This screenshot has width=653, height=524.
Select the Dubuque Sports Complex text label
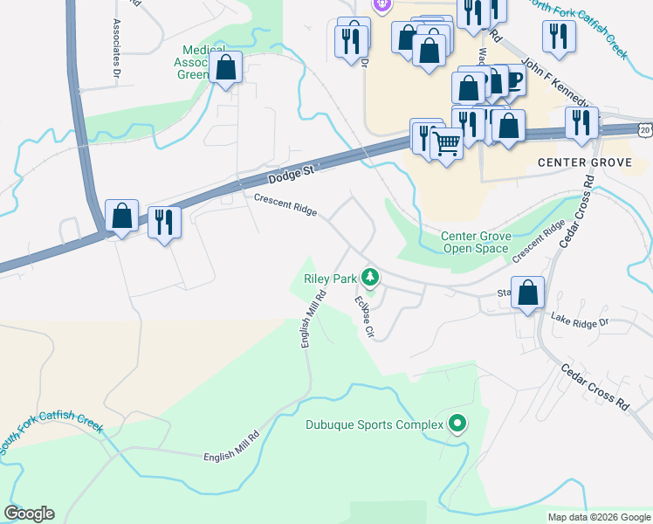[375, 426]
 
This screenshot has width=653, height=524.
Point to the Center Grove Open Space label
[474, 242]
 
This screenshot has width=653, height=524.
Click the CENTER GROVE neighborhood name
[583, 162]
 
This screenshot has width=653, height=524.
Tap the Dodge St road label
[291, 175]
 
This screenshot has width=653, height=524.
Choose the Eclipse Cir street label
[364, 316]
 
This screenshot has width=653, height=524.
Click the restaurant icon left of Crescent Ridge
[164, 222]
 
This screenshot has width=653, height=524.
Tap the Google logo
[29, 514]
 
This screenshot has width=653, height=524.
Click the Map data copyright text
[598, 517]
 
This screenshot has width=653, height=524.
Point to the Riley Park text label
[331, 279]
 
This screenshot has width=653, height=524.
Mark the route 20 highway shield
[644, 128]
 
